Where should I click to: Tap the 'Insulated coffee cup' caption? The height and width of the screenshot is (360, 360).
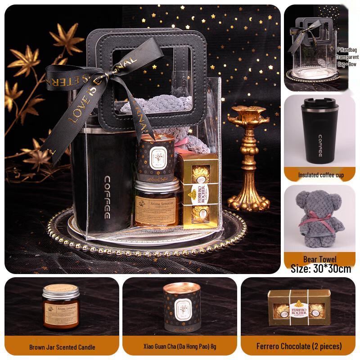tap(320, 175)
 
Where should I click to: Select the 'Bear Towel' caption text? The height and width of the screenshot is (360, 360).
tap(320, 259)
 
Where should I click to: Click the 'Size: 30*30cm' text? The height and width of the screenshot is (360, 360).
tap(320, 269)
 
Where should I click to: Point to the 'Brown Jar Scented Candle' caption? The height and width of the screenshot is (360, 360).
tap(62, 347)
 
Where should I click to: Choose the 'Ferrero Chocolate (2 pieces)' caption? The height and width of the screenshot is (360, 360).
tap(299, 346)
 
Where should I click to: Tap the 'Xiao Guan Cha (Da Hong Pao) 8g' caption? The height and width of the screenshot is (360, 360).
tap(180, 347)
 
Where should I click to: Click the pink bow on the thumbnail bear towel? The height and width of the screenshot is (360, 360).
tap(318, 221)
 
